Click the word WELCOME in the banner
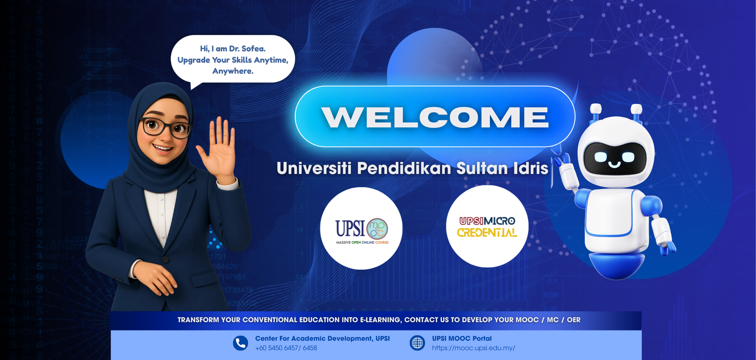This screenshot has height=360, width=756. [435, 117]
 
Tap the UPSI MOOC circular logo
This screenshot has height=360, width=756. [361, 228]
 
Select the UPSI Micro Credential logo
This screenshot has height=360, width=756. [487, 227]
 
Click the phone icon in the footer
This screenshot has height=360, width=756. [240, 343]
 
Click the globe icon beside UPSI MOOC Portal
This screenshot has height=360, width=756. [417, 343]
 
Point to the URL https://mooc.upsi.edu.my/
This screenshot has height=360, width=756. [473, 348]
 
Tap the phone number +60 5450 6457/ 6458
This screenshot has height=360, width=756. [286, 348]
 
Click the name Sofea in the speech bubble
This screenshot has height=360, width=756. [253, 48]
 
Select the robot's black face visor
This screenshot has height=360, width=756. [615, 158]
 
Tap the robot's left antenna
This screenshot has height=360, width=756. [596, 112]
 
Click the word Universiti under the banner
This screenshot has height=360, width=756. [314, 169]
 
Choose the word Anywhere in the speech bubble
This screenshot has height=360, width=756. [233, 71]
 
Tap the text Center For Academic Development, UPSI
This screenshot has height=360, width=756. [322, 338]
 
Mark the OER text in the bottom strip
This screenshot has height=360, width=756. [573, 320]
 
